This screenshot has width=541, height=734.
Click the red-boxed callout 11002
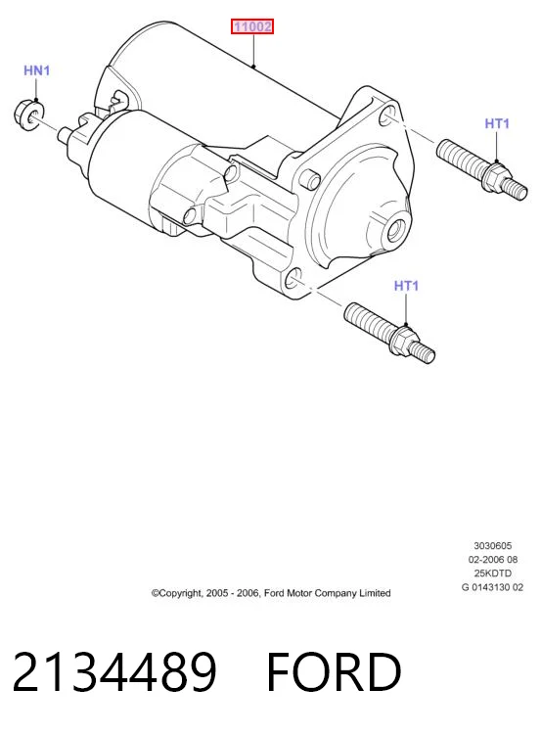252,26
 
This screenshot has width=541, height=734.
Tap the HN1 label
36,70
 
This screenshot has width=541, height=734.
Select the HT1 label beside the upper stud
497,123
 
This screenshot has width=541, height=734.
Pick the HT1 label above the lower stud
406,286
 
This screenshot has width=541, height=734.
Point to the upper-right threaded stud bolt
482,170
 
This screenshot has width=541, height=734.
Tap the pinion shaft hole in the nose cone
397,229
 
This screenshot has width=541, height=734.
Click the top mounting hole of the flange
387,115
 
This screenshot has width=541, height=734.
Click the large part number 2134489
114,671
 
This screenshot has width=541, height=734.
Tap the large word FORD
334,671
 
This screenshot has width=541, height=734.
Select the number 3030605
493,545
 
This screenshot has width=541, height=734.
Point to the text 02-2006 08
493,560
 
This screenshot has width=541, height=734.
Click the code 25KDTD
493,573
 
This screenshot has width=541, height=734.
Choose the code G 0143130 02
492,587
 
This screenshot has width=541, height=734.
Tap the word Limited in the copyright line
375,593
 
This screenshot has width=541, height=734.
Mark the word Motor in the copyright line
299,593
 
